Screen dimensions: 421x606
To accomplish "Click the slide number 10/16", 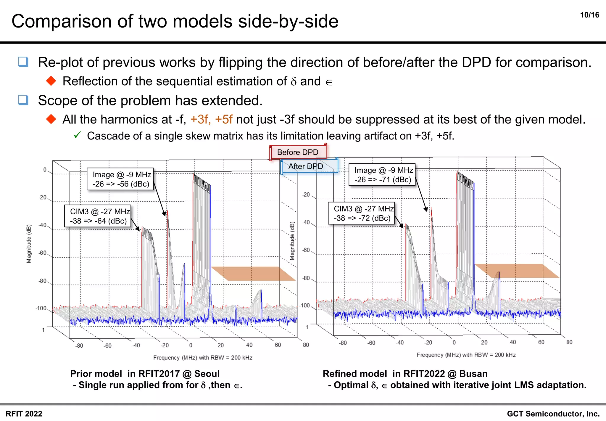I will pyautogui.click(x=589, y=15).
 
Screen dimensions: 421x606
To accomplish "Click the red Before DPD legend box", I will pyautogui.click(x=298, y=152).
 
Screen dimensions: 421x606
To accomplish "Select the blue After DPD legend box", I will pyautogui.click(x=306, y=166).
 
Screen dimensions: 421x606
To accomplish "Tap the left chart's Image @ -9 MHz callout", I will pyautogui.click(x=120, y=179).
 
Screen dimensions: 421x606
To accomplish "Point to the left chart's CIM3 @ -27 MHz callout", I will pyautogui.click(x=98, y=216).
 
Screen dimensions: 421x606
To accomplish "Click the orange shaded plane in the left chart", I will pyautogui.click(x=253, y=273).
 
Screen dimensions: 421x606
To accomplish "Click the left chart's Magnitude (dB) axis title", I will pyautogui.click(x=29, y=243).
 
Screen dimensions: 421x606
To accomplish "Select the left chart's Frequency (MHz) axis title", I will pyautogui.click(x=203, y=358).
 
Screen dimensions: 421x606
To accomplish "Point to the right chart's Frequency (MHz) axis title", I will pyautogui.click(x=466, y=355).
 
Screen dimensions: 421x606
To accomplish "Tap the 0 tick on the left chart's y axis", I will pyautogui.click(x=45, y=170).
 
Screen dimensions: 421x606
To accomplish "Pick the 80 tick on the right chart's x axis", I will pyautogui.click(x=569, y=342).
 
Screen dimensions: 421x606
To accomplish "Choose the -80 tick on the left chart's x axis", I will pyautogui.click(x=79, y=346).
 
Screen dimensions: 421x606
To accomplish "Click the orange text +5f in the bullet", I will pyautogui.click(x=224, y=120).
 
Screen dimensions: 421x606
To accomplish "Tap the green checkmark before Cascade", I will pyautogui.click(x=77, y=135).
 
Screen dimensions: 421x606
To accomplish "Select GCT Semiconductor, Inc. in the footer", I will pyautogui.click(x=553, y=414).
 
